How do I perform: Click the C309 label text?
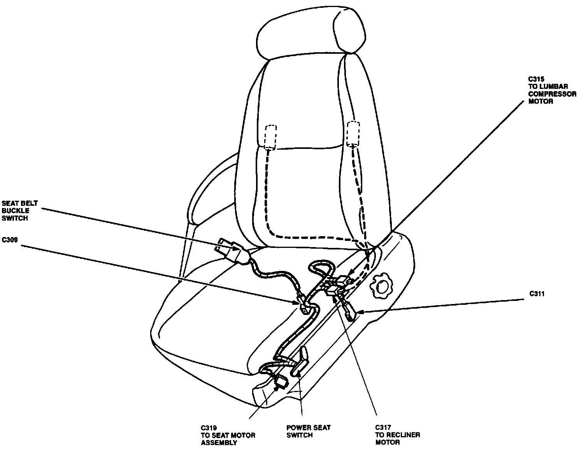tap(10, 240)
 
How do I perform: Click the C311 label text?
tap(537, 294)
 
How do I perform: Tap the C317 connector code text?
tap(383, 428)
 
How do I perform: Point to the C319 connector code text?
tap(209, 428)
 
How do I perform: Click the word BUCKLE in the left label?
tap(16, 210)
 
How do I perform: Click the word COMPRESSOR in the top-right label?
tap(552, 94)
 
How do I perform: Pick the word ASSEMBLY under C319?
tap(219, 442)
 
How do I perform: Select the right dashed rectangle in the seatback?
tap(353, 133)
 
